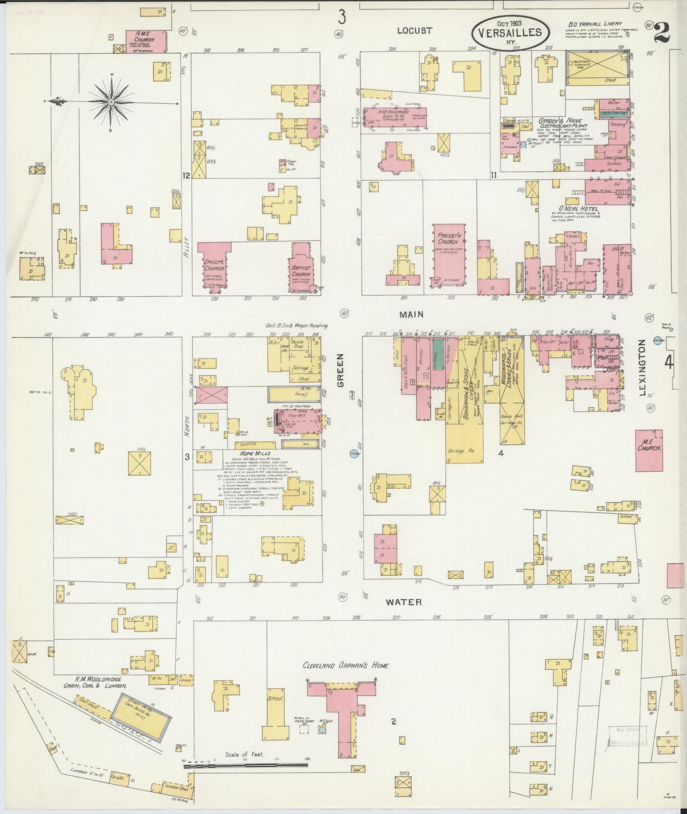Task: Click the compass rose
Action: (x=111, y=102)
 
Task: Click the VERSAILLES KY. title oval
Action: (x=510, y=33)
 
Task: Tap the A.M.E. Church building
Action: (x=146, y=41)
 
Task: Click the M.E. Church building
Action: (x=649, y=451)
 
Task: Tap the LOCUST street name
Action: (x=414, y=31)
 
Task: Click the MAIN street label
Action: (x=411, y=314)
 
